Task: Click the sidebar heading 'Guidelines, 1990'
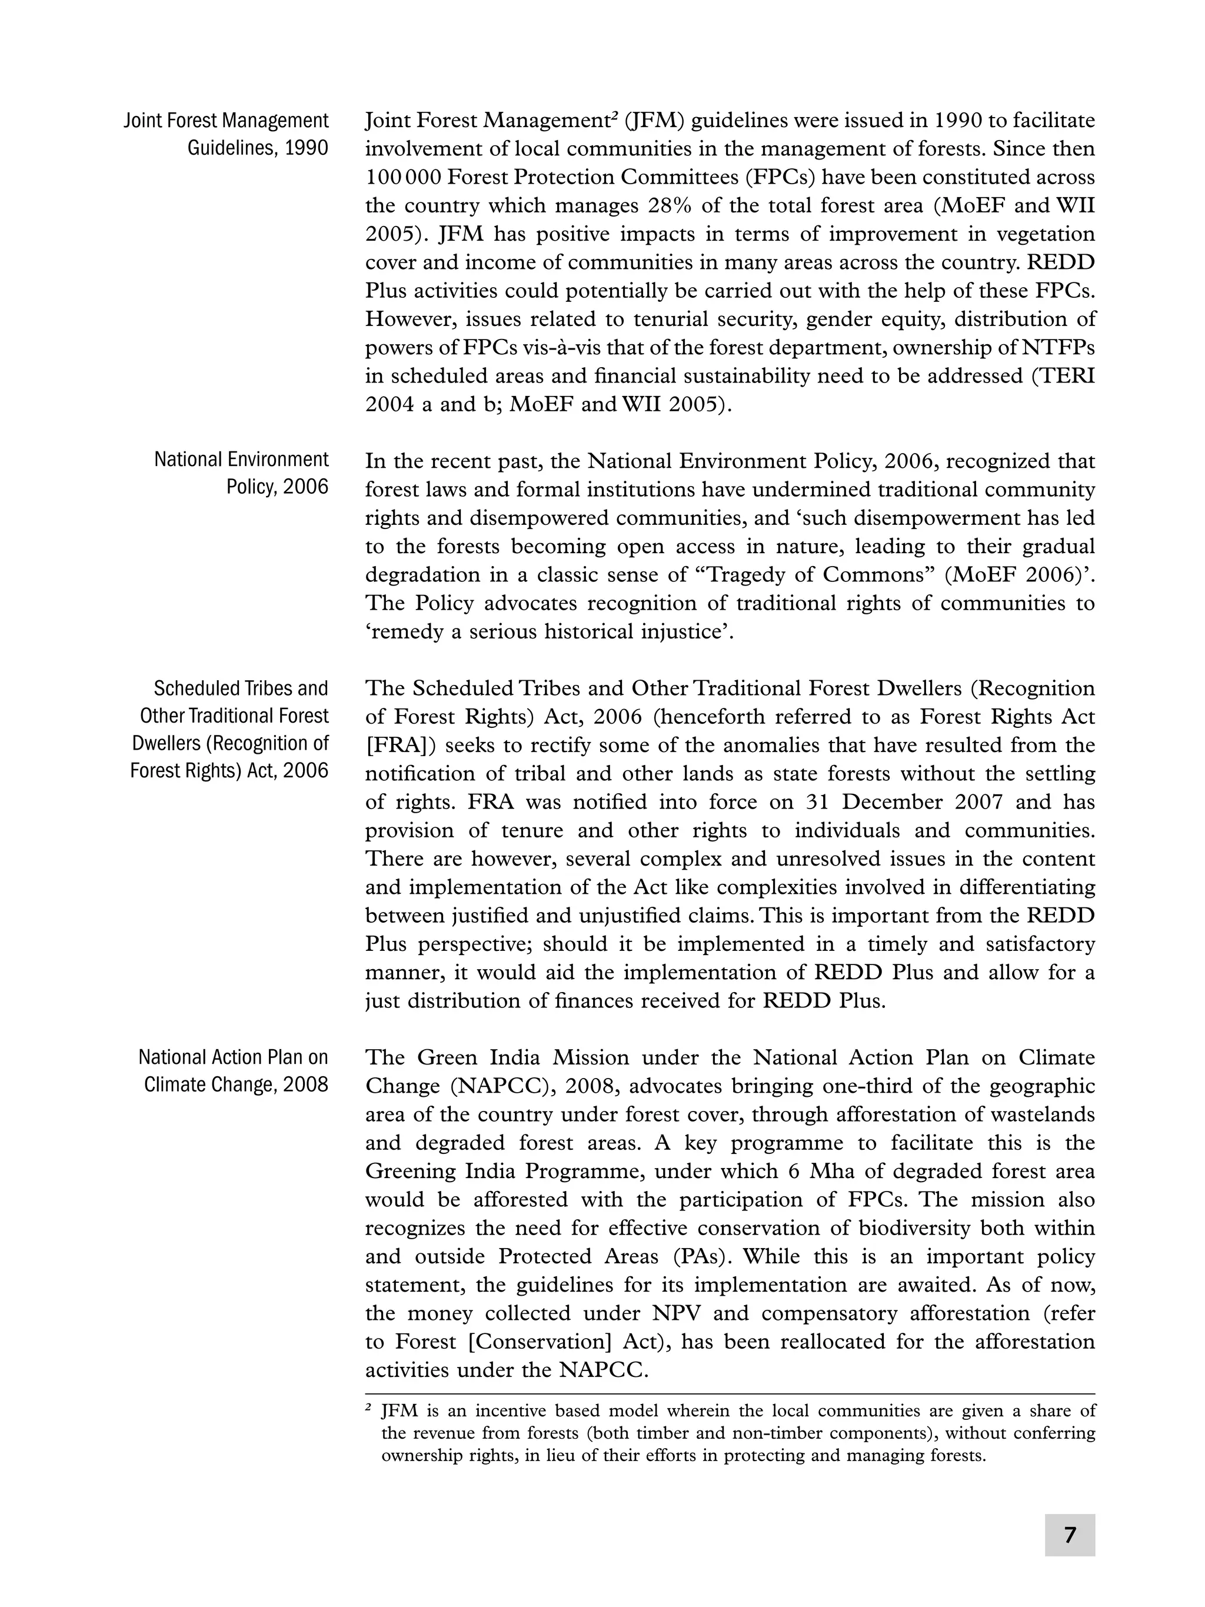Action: click(257, 148)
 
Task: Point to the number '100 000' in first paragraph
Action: click(403, 177)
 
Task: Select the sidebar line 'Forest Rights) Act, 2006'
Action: click(229, 771)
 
